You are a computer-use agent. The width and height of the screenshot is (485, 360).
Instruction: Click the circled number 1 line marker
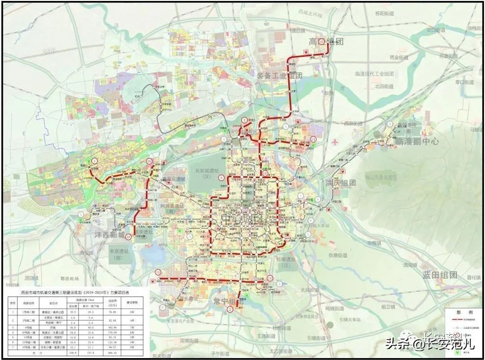[94, 161]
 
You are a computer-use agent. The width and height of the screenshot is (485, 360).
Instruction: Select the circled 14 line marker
[313, 138]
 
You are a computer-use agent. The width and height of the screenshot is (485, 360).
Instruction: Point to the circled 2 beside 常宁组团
[230, 310]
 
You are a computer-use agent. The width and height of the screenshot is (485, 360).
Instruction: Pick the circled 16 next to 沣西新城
[128, 230]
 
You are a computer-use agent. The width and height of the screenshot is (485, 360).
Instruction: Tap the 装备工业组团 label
[279, 76]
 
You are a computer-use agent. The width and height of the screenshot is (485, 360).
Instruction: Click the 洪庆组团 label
[340, 182]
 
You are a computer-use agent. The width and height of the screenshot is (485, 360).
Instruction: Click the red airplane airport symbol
[336, 142]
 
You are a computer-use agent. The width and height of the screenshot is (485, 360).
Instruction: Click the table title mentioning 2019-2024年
[76, 293]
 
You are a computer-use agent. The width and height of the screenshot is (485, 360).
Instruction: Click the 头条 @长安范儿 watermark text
[429, 343]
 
